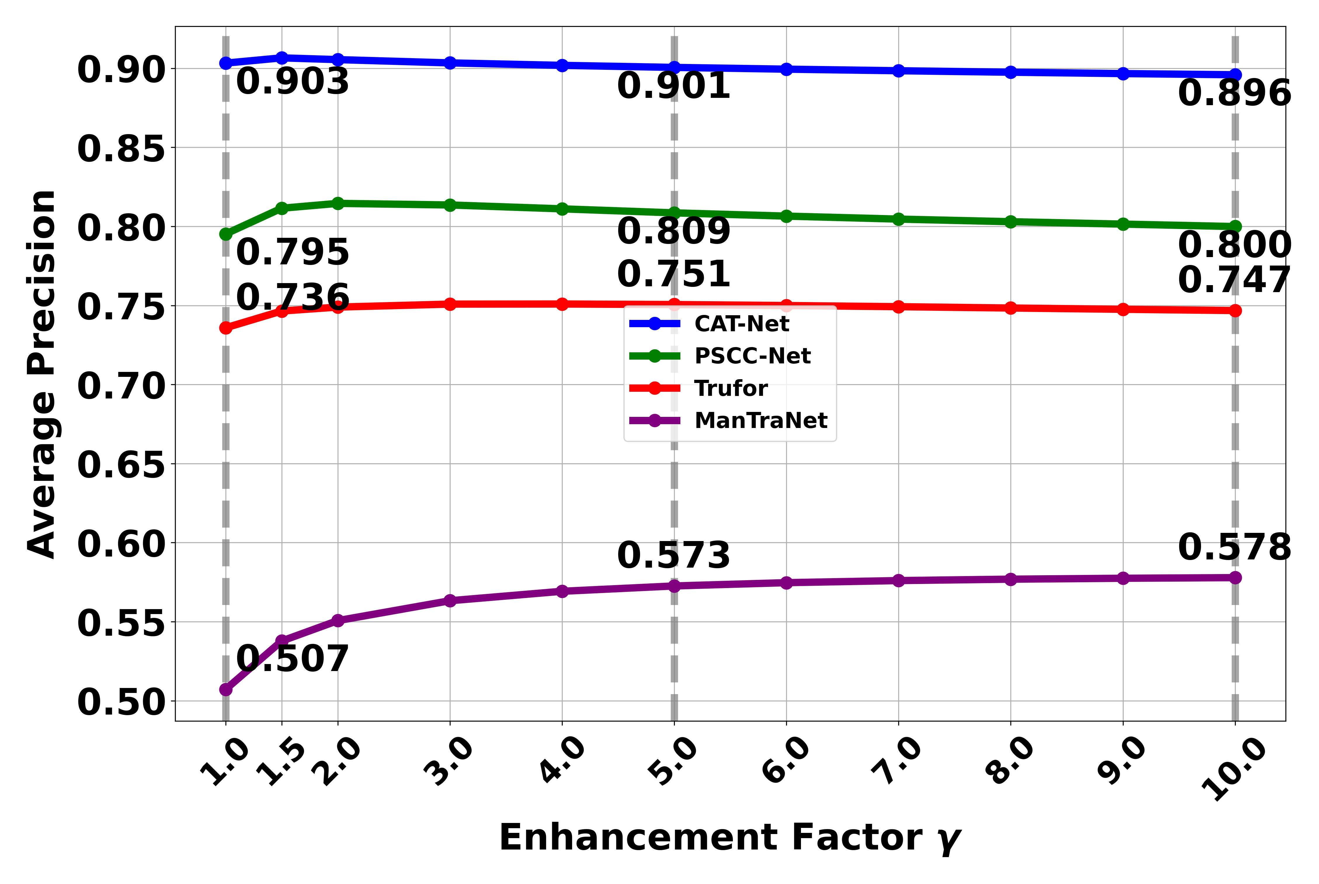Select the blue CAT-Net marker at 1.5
282,58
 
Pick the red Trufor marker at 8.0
1010,308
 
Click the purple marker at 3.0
450,600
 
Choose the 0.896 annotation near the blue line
1234,93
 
